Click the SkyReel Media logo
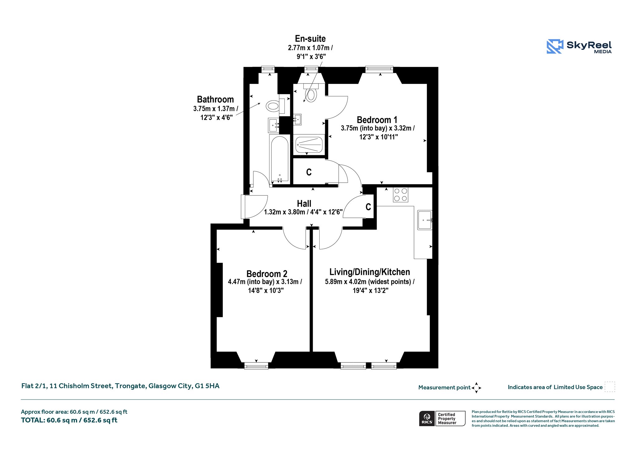pyautogui.click(x=579, y=46)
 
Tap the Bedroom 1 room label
pyautogui.click(x=377, y=120)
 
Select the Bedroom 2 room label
pyautogui.click(x=267, y=274)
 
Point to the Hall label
pyautogui.click(x=304, y=204)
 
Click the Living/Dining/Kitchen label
pyautogui.click(x=370, y=272)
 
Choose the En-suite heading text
pyautogui.click(x=310, y=39)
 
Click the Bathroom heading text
pyautogui.click(x=215, y=99)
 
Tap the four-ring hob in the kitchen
pyautogui.click(x=401, y=195)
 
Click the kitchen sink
pyautogui.click(x=425, y=220)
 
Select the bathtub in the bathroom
pyautogui.click(x=279, y=159)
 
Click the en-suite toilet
pyautogui.click(x=311, y=93)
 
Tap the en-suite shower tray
pyautogui.click(x=309, y=145)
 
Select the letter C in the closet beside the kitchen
pyautogui.click(x=368, y=207)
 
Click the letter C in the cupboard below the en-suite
pyautogui.click(x=309, y=172)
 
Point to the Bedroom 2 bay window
pyautogui.click(x=256, y=366)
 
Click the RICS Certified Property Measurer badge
pyautogui.click(x=442, y=419)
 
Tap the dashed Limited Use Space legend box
pyautogui.click(x=610, y=387)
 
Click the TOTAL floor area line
pyautogui.click(x=69, y=420)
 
